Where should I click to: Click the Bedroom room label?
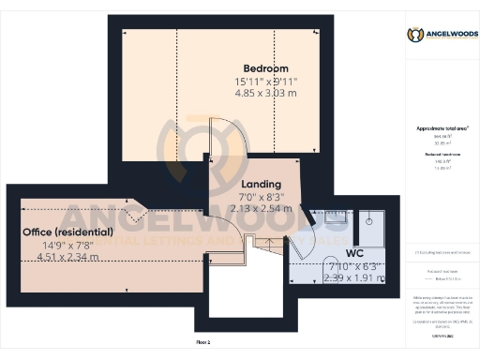[265, 68]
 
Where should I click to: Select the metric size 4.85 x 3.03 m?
[265, 94]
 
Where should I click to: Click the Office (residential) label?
[68, 232]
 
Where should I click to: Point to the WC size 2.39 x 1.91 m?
[334, 277]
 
